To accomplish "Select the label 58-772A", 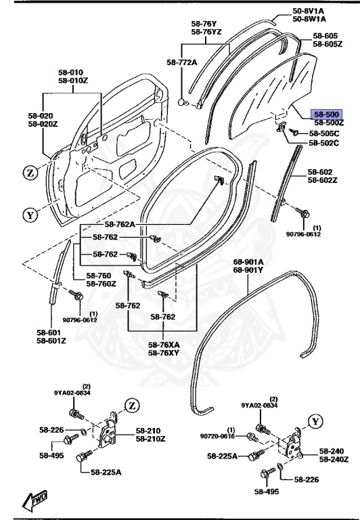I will [181, 62].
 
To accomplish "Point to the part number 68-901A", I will [248, 261].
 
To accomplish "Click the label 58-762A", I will [120, 224].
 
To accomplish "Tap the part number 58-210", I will [149, 431].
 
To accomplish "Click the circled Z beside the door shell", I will [29, 172].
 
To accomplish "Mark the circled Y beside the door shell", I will [29, 216].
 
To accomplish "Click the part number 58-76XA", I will [164, 344].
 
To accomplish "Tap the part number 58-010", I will [70, 72].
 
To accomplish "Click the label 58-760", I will [100, 276].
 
